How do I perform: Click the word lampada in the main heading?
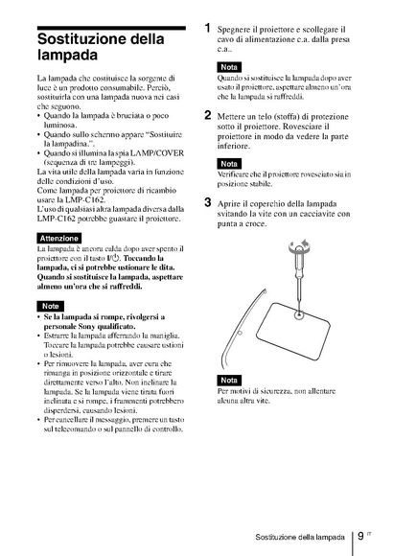pyautogui.click(x=67, y=56)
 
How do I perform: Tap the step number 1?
pyautogui.click(x=208, y=28)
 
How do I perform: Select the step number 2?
pyautogui.click(x=208, y=115)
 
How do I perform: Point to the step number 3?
pyautogui.click(x=208, y=202)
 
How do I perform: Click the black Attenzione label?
pyautogui.click(x=58, y=239)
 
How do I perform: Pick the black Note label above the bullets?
pyautogui.click(x=51, y=306)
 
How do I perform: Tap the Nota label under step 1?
pyautogui.click(x=229, y=67)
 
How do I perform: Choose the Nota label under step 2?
pyautogui.click(x=229, y=164)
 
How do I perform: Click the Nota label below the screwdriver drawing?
pyautogui.click(x=229, y=381)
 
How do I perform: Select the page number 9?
pyautogui.click(x=360, y=536)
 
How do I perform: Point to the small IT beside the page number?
pyautogui.click(x=369, y=533)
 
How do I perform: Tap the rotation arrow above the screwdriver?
pyautogui.click(x=300, y=244)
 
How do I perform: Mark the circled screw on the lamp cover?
pyautogui.click(x=299, y=313)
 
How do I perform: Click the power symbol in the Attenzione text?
pyautogui.click(x=115, y=258)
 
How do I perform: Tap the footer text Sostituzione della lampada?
pyautogui.click(x=300, y=537)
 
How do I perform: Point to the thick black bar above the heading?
pyautogui.click(x=111, y=28)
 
